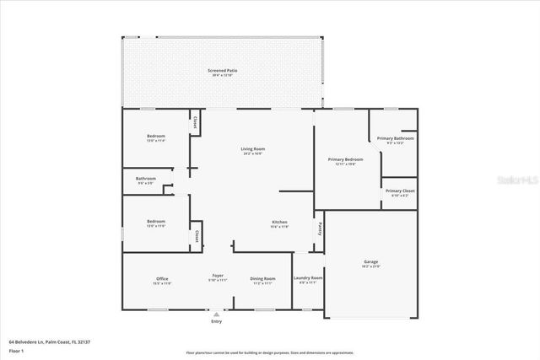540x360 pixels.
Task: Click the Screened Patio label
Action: pos(222,71)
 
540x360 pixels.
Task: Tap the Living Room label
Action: pos(253,149)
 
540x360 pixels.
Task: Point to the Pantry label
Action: pos(319,228)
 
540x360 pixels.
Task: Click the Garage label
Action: pos(370,263)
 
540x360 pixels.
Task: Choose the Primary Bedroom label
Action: pos(345,159)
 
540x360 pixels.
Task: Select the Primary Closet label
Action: pos(399,191)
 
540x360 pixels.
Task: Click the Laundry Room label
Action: pos(308,278)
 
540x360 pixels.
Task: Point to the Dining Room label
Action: pos(262,279)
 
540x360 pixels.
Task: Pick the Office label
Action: pos(162,279)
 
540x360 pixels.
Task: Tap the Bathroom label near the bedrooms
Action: pos(146,179)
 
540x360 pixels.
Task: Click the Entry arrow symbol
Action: pos(216,314)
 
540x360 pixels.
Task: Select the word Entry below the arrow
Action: pos(216,322)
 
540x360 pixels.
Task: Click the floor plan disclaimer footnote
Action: pos(269,352)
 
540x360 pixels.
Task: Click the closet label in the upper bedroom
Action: pos(195,122)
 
